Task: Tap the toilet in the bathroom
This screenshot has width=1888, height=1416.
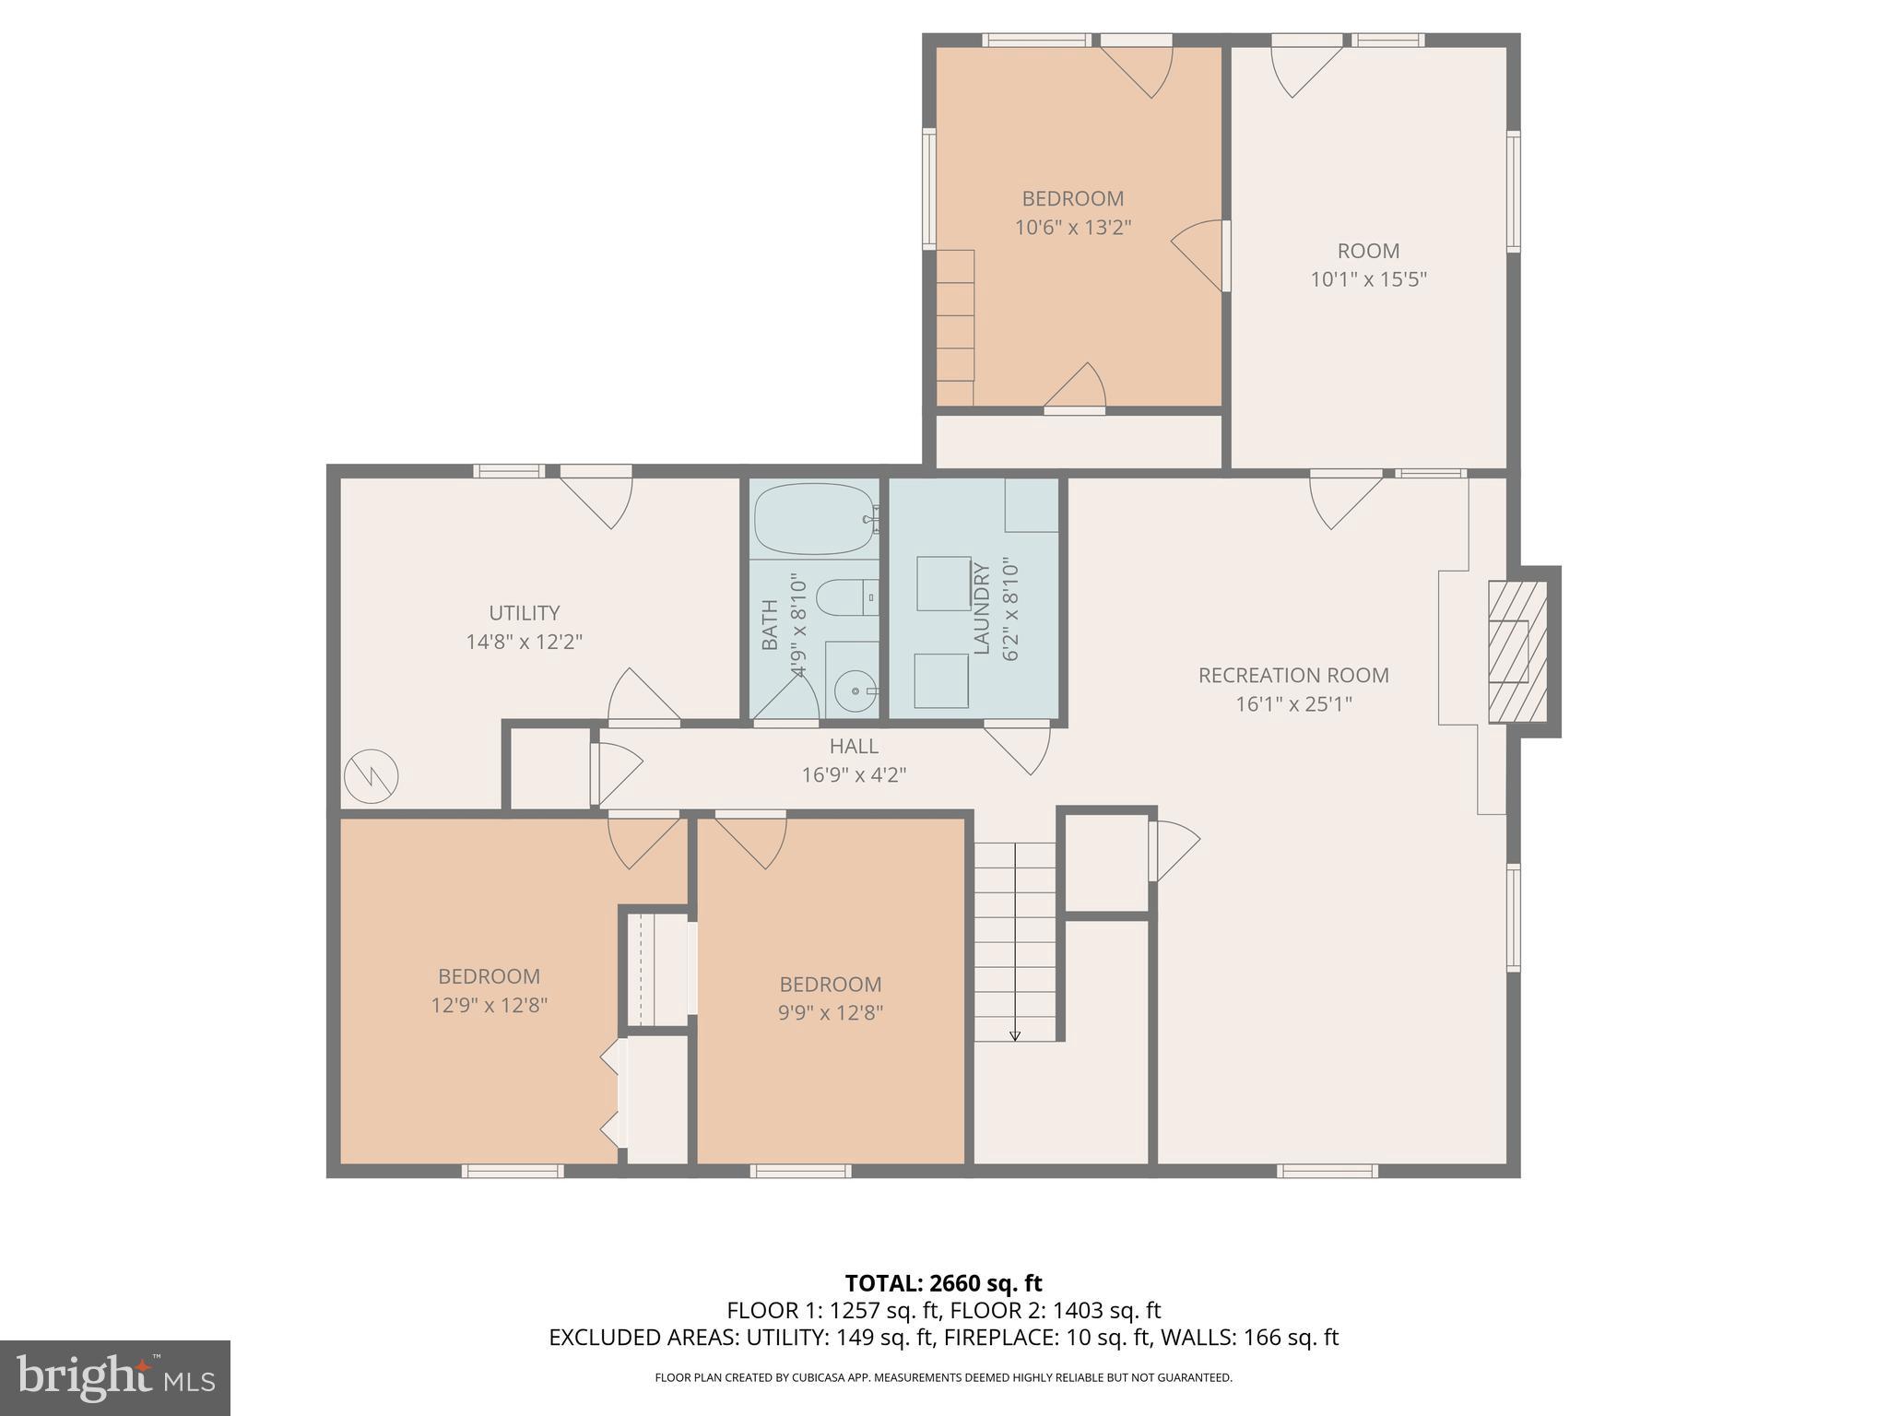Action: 846,598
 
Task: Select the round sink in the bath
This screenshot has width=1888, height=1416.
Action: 856,690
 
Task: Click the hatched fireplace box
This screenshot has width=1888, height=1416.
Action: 1517,652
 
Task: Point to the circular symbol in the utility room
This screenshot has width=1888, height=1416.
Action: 372,776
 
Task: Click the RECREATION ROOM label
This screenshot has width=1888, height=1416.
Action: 1292,676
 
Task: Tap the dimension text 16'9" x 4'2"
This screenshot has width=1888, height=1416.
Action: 854,775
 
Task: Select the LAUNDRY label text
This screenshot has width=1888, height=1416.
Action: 981,609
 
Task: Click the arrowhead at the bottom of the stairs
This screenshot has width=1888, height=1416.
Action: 1015,1035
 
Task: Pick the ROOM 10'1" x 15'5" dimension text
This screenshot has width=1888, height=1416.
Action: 1368,279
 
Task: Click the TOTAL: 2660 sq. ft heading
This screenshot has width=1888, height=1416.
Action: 943,1283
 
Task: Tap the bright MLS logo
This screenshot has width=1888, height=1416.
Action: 115,1377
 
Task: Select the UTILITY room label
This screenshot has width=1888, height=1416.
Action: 524,613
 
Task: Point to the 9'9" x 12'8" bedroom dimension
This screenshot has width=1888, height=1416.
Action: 830,1013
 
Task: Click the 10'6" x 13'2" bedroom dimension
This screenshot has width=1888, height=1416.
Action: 1072,228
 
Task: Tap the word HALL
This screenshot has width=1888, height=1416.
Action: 854,747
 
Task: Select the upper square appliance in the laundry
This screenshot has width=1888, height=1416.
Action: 944,583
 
